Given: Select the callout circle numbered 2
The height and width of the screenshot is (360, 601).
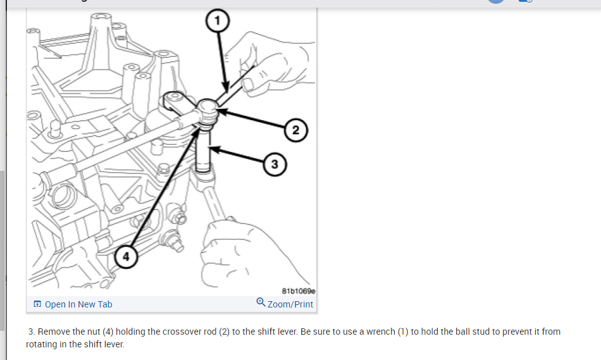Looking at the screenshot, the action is (x=295, y=131).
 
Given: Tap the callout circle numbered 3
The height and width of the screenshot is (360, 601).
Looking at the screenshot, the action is (x=274, y=164).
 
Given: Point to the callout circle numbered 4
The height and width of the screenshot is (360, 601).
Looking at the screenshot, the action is (x=126, y=256).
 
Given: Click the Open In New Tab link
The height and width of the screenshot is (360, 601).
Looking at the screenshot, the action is (x=78, y=304).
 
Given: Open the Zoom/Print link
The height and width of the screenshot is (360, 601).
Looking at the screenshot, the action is (x=290, y=304).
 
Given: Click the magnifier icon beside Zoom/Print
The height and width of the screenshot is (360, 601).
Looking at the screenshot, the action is (x=261, y=303).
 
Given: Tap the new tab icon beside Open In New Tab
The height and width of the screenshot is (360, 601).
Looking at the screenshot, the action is (x=37, y=304).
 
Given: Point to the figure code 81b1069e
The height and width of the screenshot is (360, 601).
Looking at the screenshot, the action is (x=298, y=291).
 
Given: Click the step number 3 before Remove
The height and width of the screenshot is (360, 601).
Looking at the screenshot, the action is (x=32, y=332).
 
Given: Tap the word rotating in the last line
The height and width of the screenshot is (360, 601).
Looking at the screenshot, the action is (x=44, y=344).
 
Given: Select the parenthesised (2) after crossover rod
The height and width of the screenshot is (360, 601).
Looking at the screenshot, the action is (x=224, y=332).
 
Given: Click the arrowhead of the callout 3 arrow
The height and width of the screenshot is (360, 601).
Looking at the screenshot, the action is (x=211, y=150).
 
